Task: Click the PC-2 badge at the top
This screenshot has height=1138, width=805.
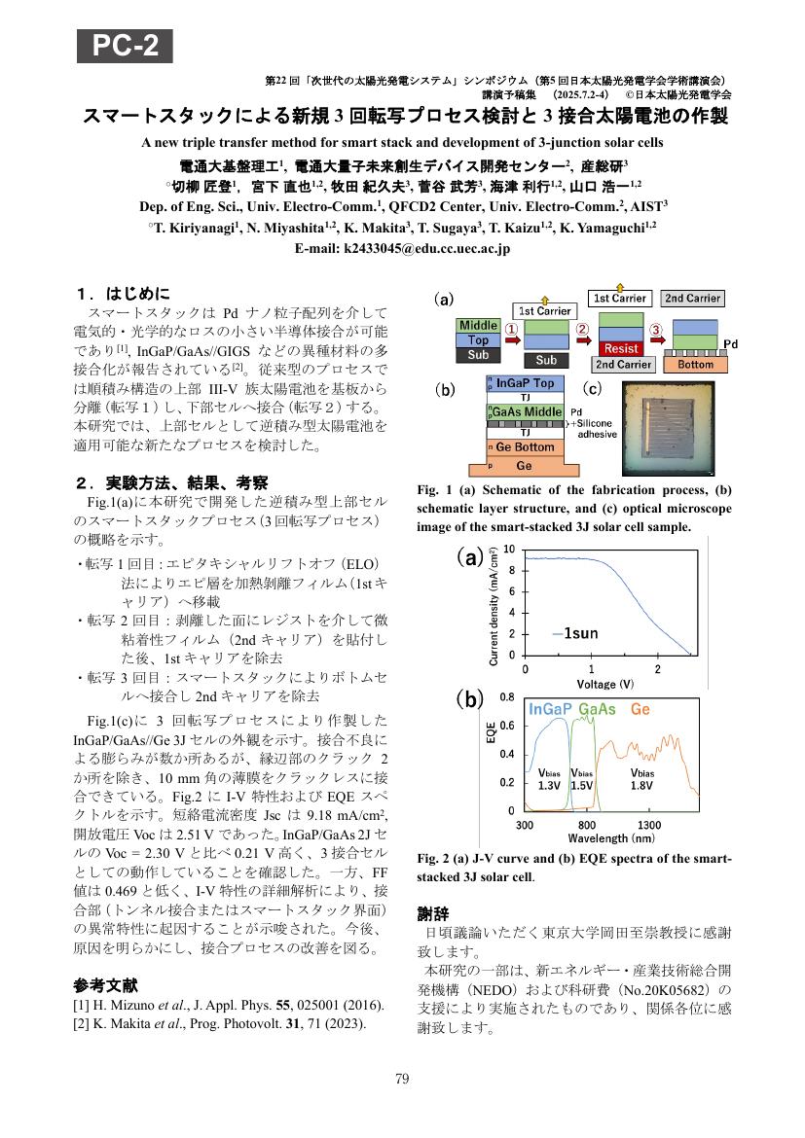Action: (x=126, y=46)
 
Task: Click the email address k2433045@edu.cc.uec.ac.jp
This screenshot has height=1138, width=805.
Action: (x=402, y=249)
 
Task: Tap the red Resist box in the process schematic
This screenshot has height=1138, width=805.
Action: (x=622, y=347)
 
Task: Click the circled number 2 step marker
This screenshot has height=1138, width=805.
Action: (x=582, y=329)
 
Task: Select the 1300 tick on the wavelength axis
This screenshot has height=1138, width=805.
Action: (x=649, y=825)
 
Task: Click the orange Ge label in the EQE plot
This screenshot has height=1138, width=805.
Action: (x=640, y=710)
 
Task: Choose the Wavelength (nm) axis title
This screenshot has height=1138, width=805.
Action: (x=610, y=837)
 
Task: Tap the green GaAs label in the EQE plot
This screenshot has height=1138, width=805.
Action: (x=597, y=710)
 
